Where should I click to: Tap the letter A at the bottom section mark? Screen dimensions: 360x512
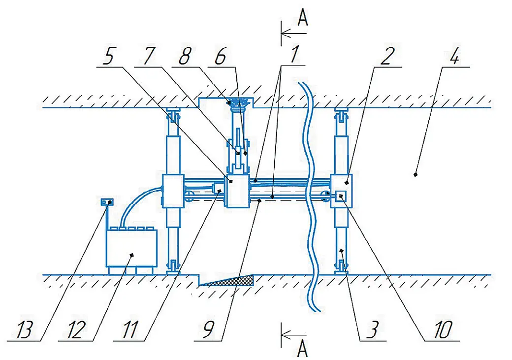303,350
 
